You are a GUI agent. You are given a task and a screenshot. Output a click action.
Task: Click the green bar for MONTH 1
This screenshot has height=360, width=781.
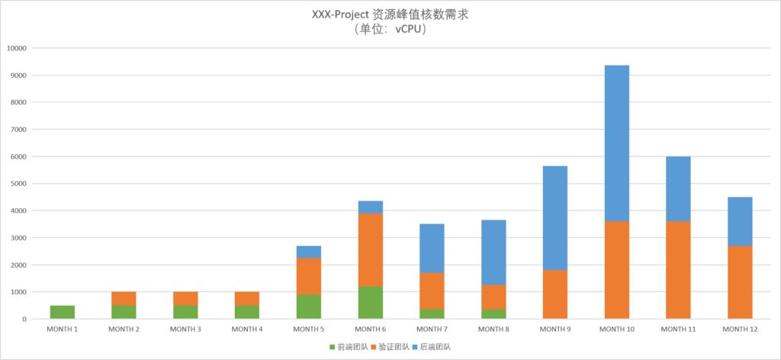[x=63, y=312]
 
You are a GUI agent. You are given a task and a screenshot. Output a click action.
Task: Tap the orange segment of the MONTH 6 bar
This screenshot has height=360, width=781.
[x=370, y=249]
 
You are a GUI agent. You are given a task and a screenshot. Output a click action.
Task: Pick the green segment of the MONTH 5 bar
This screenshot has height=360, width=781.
[x=309, y=307]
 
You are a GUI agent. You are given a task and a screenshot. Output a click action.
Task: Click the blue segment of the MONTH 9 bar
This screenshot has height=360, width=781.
[x=555, y=217]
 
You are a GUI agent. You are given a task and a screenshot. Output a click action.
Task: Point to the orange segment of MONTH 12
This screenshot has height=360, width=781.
[x=740, y=282]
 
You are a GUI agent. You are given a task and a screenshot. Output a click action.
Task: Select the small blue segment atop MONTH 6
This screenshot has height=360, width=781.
[x=370, y=207]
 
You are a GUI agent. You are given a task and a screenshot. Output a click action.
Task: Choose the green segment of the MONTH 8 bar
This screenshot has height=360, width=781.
[x=493, y=313]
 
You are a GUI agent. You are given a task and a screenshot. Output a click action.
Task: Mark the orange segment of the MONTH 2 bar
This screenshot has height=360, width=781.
[x=124, y=298]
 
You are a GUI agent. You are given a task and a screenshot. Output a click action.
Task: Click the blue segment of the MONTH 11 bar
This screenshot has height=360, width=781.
[x=678, y=188]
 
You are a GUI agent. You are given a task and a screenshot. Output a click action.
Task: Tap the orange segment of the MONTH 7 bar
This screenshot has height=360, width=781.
[x=432, y=291]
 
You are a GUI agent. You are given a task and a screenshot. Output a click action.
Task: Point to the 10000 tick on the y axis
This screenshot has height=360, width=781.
[x=16, y=48]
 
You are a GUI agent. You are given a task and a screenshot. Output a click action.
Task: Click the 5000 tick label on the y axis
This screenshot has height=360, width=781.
[x=18, y=184]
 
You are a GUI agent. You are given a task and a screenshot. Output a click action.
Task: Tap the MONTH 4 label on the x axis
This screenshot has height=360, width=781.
[x=246, y=329]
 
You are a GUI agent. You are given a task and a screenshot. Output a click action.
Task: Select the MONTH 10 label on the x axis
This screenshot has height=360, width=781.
[x=616, y=329]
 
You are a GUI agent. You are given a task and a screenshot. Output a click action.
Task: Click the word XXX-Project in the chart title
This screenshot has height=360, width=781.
[x=341, y=14]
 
